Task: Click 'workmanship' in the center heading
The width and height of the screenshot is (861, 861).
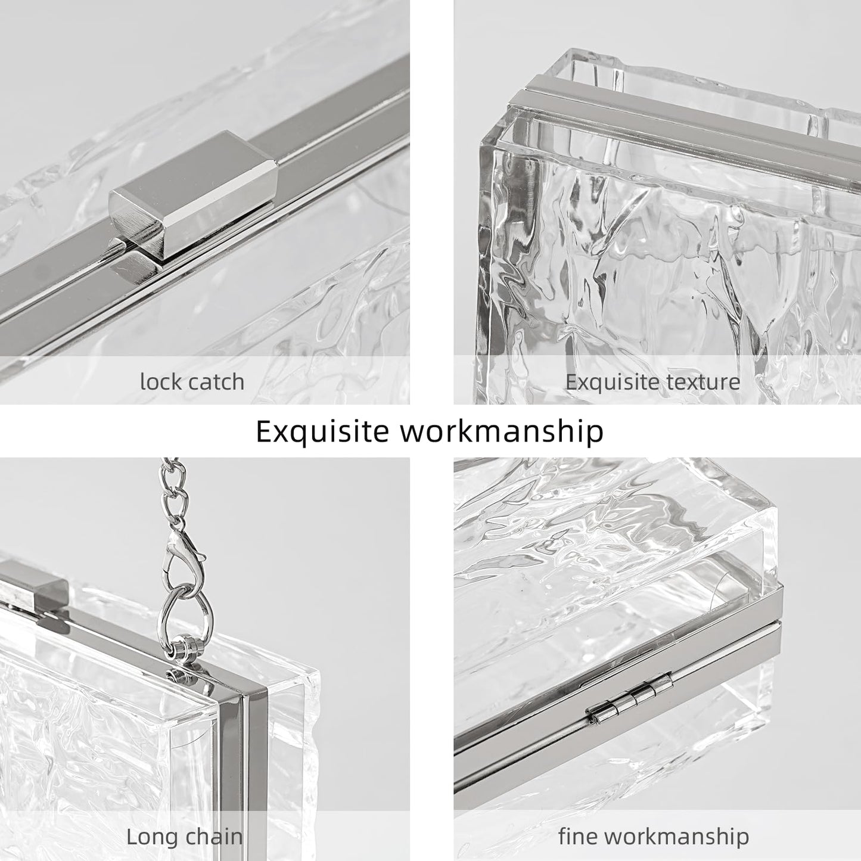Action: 501,430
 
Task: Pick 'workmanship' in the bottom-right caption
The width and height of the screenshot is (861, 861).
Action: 677,836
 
